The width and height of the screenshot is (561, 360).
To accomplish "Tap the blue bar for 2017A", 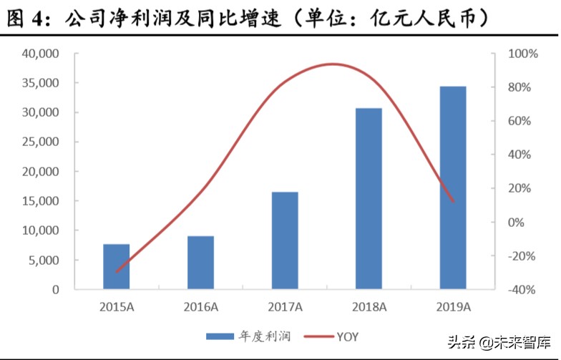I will (x=285, y=240).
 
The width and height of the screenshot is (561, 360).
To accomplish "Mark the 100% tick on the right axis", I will (x=517, y=54).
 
